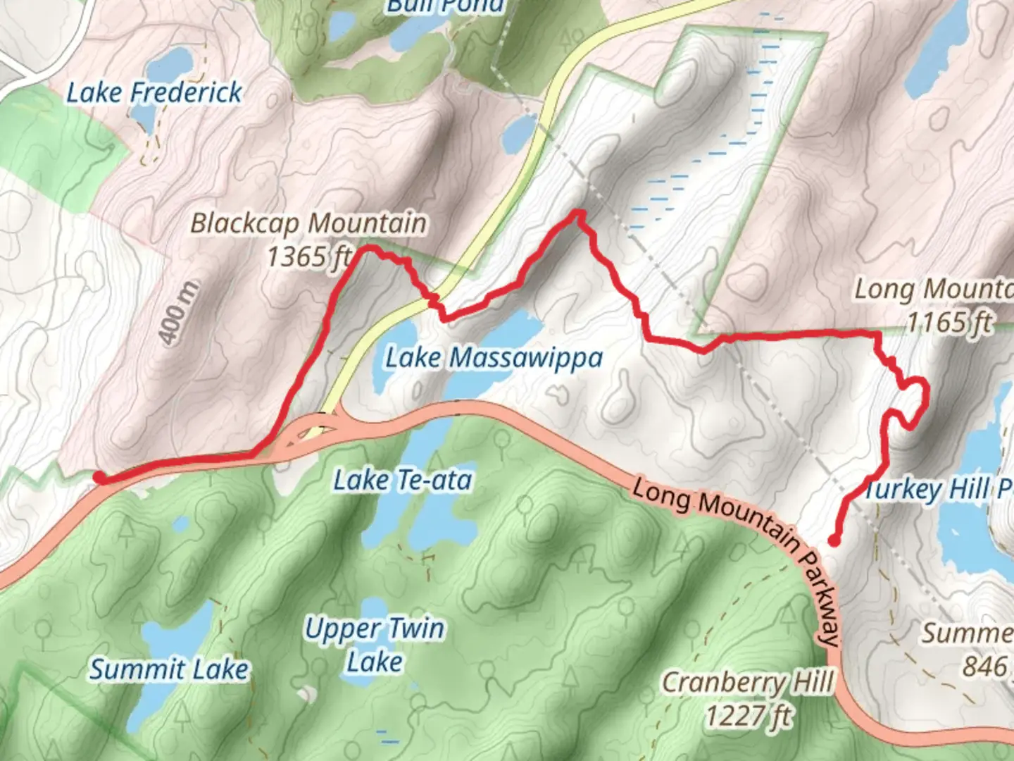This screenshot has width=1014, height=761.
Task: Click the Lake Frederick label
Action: point(154,92)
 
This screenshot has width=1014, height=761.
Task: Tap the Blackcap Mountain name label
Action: point(308,223)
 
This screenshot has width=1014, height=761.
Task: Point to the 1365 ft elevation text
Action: point(308,256)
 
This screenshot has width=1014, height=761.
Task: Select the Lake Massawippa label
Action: point(494,358)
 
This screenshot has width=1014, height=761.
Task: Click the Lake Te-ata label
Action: point(402,481)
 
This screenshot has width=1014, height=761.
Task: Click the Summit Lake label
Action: point(169,669)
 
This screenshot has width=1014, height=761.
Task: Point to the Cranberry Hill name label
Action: point(748,682)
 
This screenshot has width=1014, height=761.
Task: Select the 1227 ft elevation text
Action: point(748,716)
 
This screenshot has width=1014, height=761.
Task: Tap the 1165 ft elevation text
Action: point(948,323)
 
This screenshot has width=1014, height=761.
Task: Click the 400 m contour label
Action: point(180,314)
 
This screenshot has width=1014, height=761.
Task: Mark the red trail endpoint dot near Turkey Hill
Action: point(834,541)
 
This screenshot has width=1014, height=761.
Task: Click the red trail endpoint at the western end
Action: point(100,478)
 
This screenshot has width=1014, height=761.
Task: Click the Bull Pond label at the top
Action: point(445,7)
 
